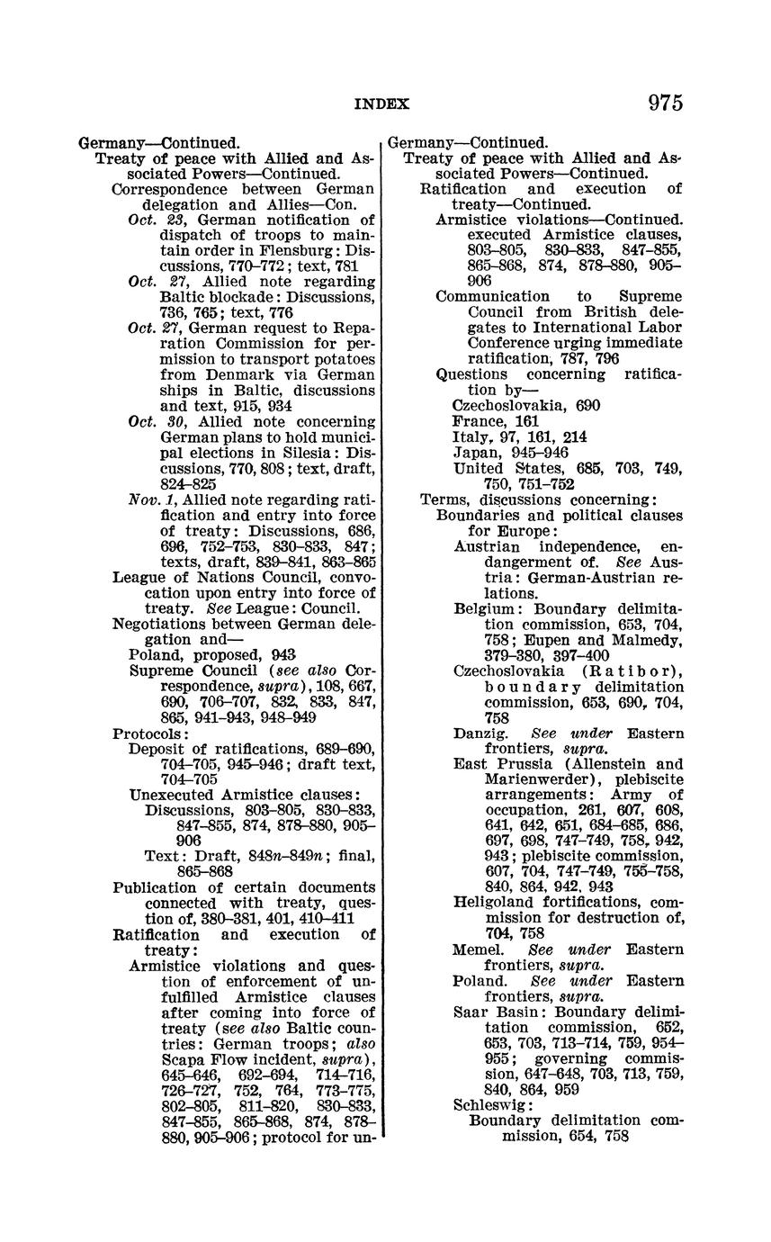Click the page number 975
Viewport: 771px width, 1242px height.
click(665, 103)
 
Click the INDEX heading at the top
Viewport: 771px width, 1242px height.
click(381, 104)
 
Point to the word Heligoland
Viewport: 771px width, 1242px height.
click(495, 902)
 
